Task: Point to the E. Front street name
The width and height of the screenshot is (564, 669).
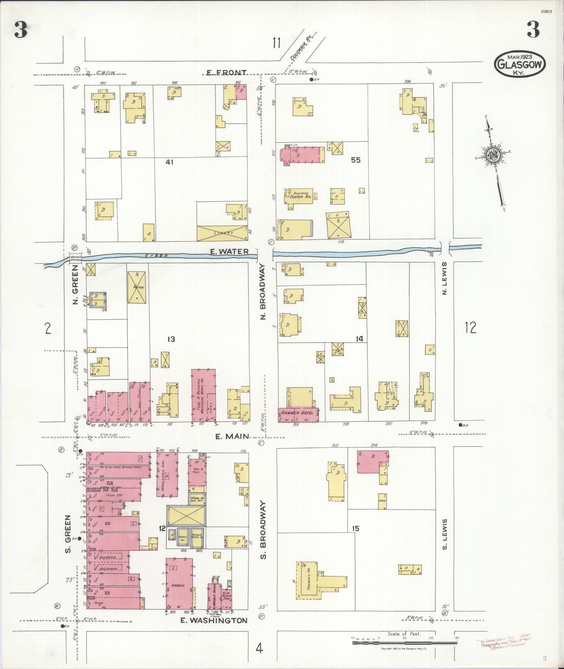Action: pyautogui.click(x=226, y=73)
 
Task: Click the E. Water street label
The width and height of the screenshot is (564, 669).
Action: pyautogui.click(x=229, y=251)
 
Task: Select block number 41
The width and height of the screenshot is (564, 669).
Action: pyautogui.click(x=170, y=162)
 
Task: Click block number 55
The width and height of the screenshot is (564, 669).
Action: pyautogui.click(x=356, y=160)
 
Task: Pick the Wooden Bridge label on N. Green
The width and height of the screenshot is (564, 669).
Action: pyautogui.click(x=75, y=258)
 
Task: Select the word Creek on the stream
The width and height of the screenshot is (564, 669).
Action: pyautogui.click(x=156, y=256)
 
